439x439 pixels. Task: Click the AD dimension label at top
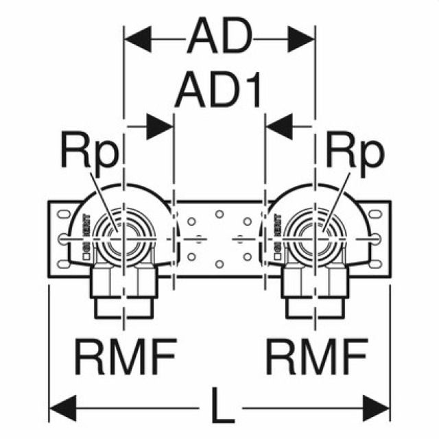[219, 38]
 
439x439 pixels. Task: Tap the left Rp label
[88, 154]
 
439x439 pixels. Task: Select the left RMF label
[126, 355]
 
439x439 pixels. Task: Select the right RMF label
[315, 355]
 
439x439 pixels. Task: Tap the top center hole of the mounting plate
[219, 214]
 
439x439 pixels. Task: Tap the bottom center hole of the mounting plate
[219, 263]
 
